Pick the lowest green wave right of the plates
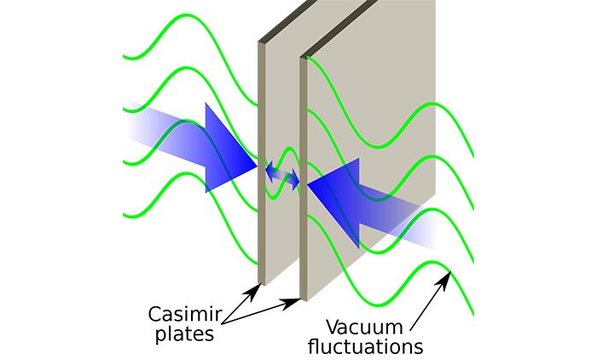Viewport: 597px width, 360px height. click(426, 273)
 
